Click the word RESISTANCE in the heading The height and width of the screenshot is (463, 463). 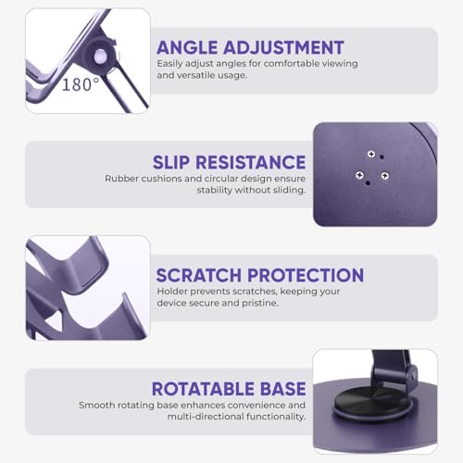pyautogui.click(x=258, y=161)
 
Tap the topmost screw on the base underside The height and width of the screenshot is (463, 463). pyautogui.click(x=370, y=155)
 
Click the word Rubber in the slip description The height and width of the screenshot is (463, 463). pyautogui.click(x=122, y=178)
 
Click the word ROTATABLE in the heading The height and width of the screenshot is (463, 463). pyautogui.click(x=207, y=390)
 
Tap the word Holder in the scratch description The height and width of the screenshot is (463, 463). pyautogui.click(x=173, y=292)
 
